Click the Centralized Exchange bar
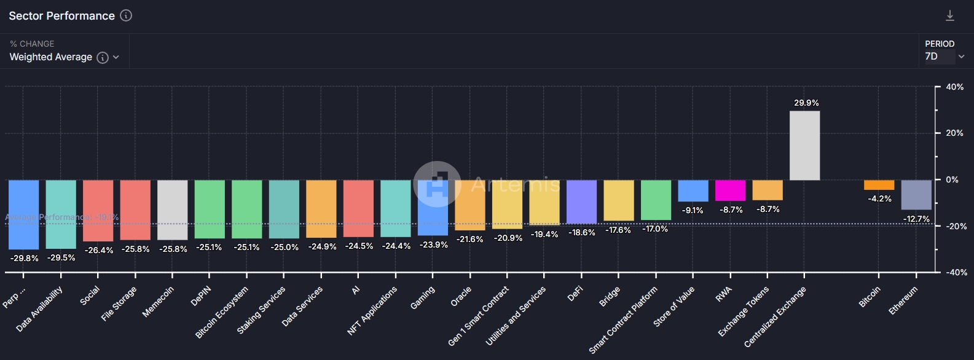[804, 146]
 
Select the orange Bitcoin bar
[879, 185]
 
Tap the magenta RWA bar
[730, 190]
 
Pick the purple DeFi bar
[581, 202]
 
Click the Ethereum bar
[916, 195]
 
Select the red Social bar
[98, 210]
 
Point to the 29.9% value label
[806, 103]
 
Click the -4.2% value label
[879, 198]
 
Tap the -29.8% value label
[25, 258]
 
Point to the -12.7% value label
[916, 219]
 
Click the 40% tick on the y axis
[954, 87]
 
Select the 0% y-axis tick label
[952, 179]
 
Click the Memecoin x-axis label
[158, 302]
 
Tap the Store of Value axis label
[674, 306]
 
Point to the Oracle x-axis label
[461, 296]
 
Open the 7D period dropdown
[944, 57]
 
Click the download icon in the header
[950, 16]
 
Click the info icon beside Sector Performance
[126, 15]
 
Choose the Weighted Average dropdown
[64, 57]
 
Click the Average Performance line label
[61, 217]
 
